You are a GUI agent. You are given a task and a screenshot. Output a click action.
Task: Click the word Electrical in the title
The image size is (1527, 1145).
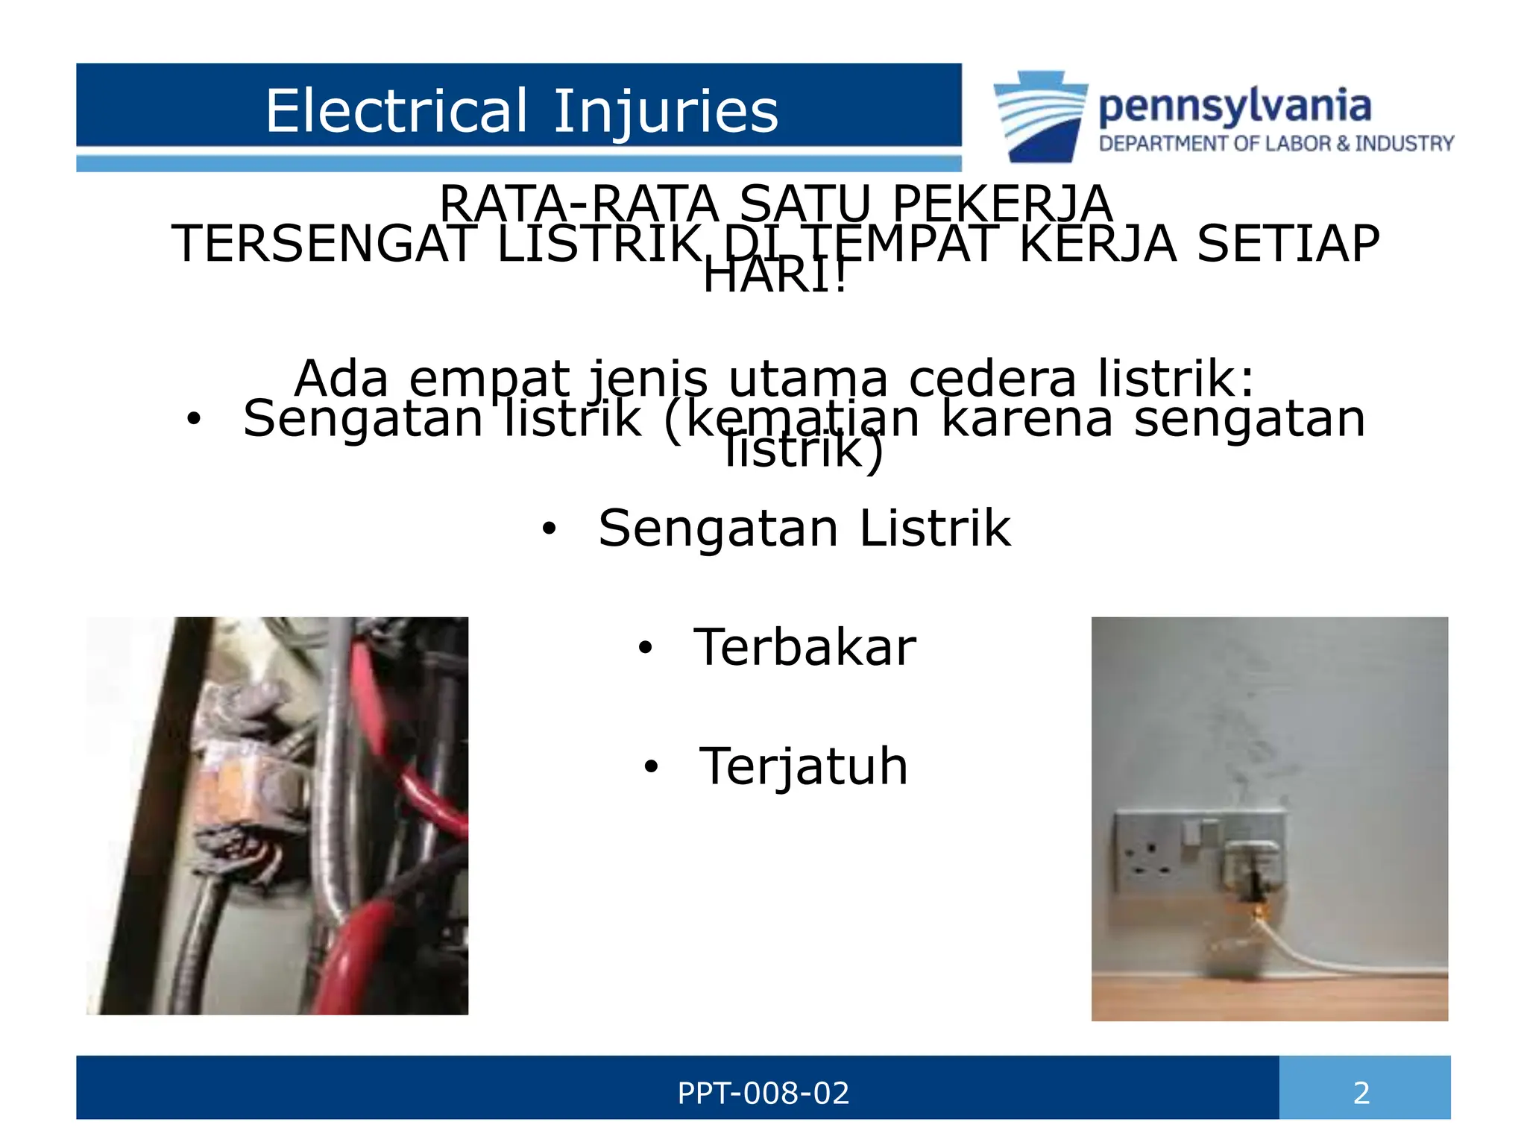(x=397, y=111)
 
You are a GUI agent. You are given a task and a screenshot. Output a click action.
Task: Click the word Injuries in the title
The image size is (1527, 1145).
(x=665, y=113)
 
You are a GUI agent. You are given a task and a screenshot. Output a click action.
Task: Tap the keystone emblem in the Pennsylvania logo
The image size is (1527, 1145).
(x=1040, y=116)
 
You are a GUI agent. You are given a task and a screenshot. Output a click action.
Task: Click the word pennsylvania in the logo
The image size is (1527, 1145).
(x=1235, y=107)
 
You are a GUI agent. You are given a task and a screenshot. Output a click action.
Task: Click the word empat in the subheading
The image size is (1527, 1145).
(x=489, y=379)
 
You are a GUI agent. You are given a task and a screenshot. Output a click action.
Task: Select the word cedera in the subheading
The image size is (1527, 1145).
(x=992, y=379)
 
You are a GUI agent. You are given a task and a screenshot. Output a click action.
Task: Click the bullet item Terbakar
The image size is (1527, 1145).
(x=805, y=647)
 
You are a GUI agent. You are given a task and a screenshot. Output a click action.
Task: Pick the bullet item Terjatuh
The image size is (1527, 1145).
(x=804, y=766)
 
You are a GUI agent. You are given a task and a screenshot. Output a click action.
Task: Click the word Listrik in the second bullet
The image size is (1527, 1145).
(x=935, y=529)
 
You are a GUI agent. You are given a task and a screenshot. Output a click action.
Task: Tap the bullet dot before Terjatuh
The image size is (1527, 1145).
(x=652, y=766)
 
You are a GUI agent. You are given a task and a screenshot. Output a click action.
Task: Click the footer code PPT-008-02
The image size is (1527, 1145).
(x=763, y=1094)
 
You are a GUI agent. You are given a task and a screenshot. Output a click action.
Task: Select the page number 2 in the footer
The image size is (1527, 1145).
(x=1361, y=1094)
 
